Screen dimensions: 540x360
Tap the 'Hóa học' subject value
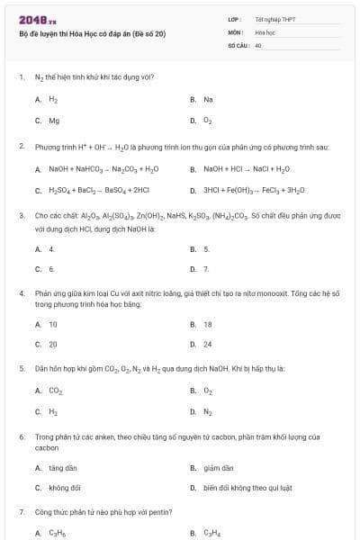(265, 31)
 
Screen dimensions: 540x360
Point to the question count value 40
(258, 44)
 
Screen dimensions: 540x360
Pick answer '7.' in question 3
(206, 269)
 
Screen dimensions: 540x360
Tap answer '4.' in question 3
(51, 248)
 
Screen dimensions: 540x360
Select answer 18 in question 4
(208, 324)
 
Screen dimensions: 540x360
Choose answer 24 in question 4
(208, 345)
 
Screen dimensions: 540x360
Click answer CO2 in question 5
(55, 391)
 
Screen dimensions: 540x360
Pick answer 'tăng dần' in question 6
(61, 468)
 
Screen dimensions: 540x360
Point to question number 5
(22, 368)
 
